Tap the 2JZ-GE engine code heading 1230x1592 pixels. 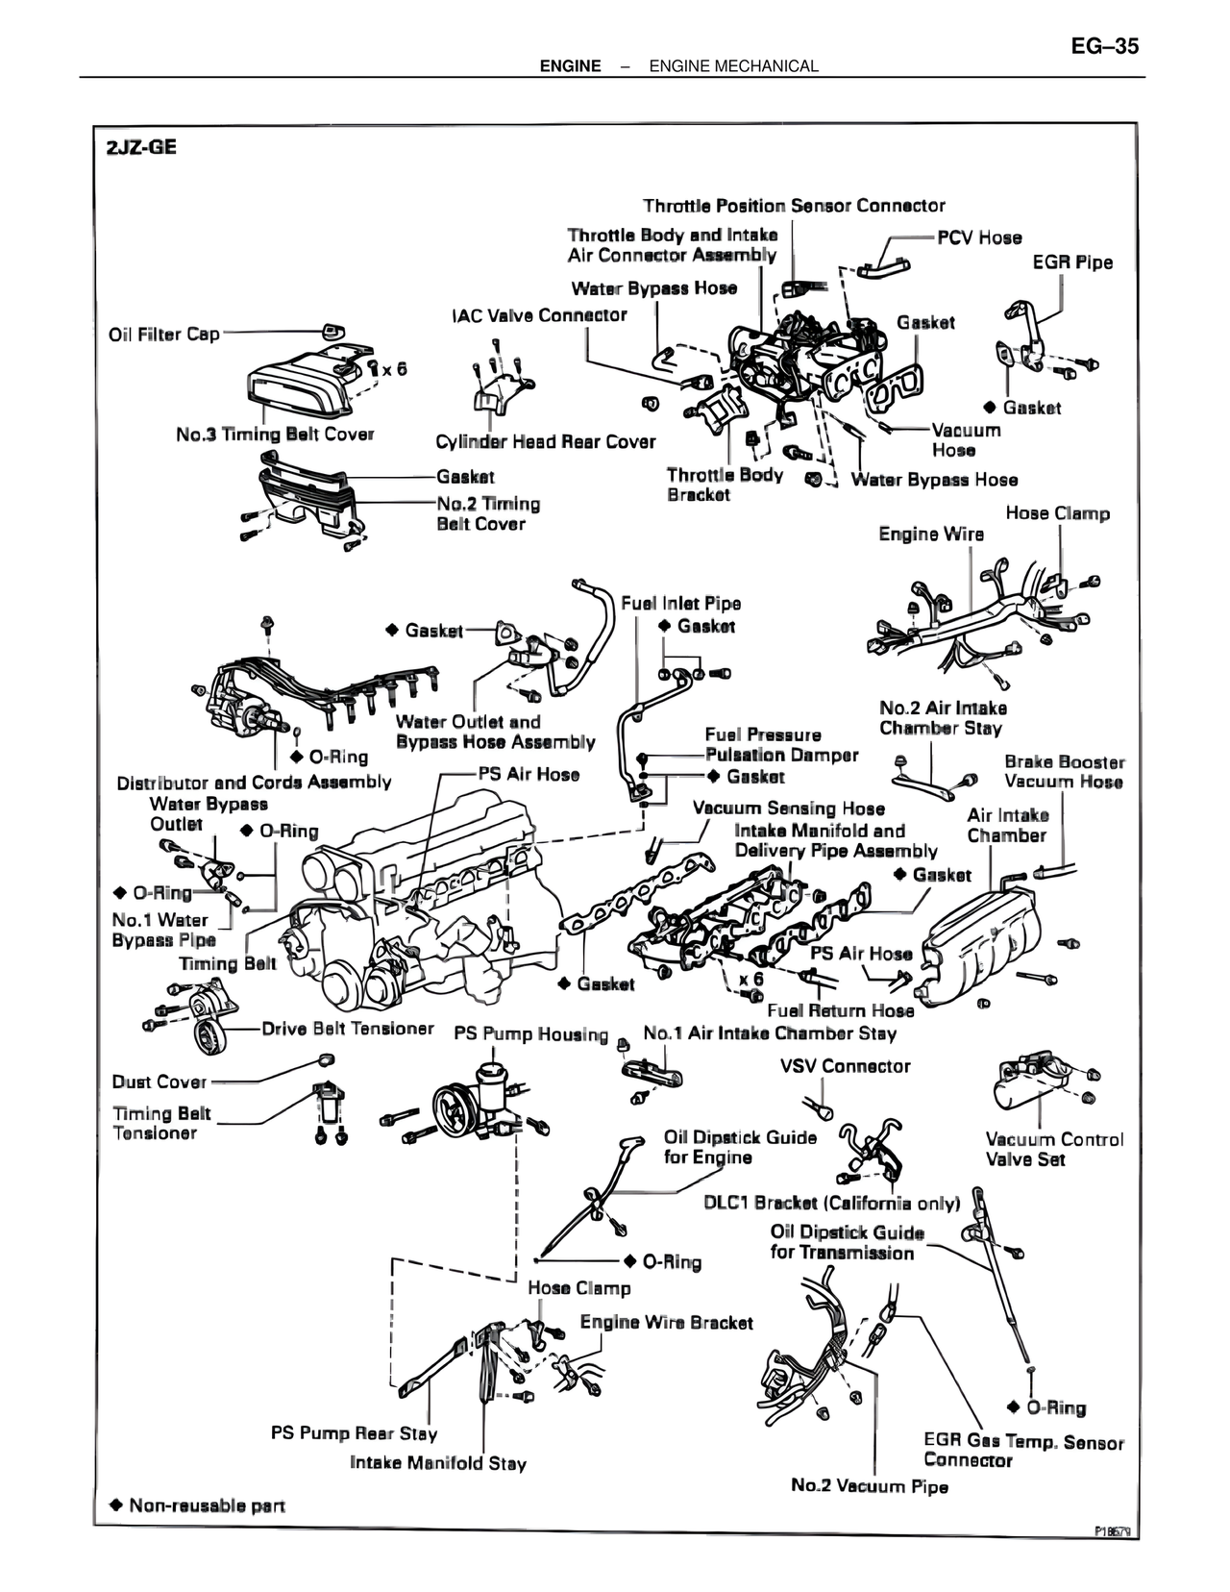coord(141,149)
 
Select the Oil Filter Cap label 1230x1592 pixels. coord(164,335)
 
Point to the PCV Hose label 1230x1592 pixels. coord(979,237)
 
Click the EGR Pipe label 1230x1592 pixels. coord(1072,262)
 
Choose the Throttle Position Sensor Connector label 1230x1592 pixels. coord(794,206)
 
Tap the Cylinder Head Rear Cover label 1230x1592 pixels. coord(545,442)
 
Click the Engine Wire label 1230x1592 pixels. coord(931,534)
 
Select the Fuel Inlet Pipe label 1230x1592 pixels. coord(680,604)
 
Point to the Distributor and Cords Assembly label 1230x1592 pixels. coord(254,783)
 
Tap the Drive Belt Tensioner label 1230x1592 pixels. coord(348,1029)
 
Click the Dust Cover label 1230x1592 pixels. coord(160,1082)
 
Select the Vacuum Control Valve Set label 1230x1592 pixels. coord(1054,1149)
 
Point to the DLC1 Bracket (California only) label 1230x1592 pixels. coord(832,1203)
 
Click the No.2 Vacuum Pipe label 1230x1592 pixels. coord(869,1486)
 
